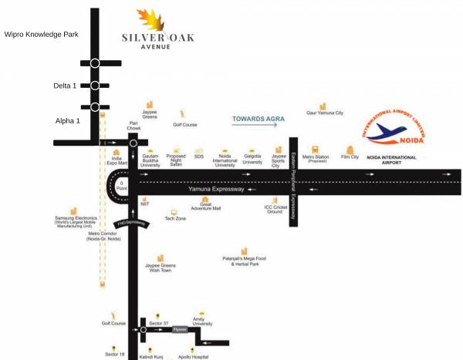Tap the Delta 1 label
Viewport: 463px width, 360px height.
click(x=66, y=86)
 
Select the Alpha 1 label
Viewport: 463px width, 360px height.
click(x=67, y=121)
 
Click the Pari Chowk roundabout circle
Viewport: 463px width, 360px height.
click(x=133, y=143)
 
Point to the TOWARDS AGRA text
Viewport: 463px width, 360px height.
click(x=259, y=119)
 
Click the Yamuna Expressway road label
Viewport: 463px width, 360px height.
click(x=216, y=189)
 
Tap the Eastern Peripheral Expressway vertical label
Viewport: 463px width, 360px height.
click(x=293, y=182)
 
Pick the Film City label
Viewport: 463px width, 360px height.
click(x=350, y=157)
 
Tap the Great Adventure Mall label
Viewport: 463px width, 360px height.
click(x=205, y=207)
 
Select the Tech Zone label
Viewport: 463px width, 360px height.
click(x=175, y=219)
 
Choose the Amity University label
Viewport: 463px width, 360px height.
click(x=202, y=322)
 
